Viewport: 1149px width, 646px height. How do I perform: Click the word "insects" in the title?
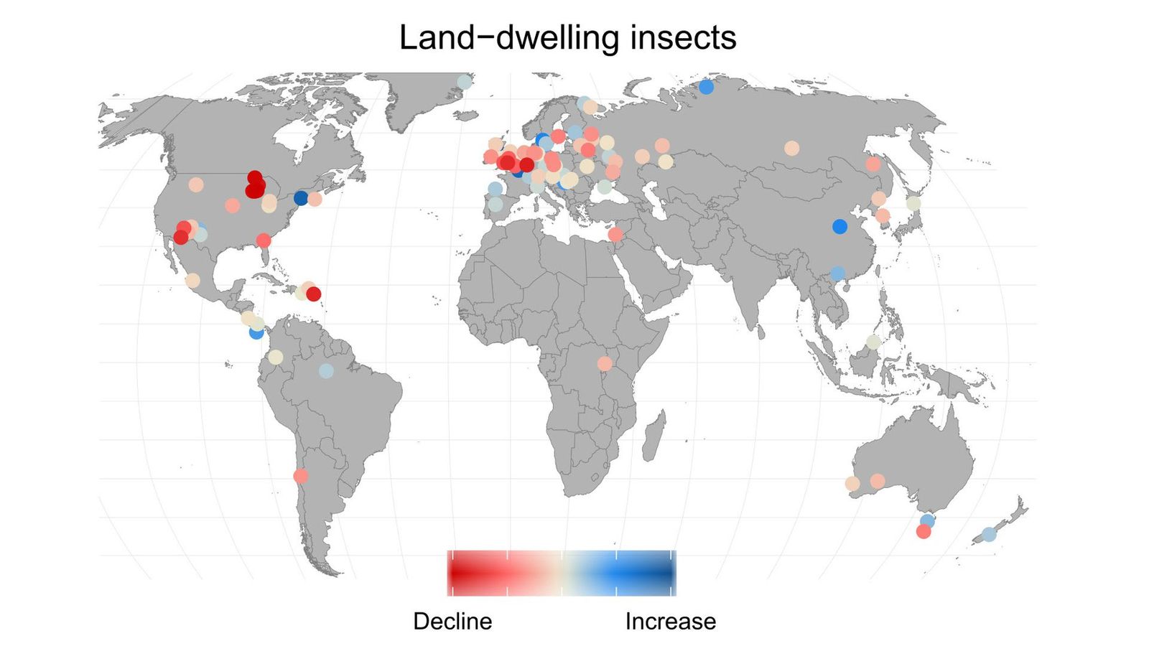(683, 37)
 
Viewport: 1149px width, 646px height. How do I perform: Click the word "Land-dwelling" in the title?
(510, 37)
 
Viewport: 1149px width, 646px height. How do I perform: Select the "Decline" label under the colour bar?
(452, 621)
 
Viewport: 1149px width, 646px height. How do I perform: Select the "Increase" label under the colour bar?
(670, 621)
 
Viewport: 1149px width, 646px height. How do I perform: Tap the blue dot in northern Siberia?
(706, 87)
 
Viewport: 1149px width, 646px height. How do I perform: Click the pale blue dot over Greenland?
(465, 82)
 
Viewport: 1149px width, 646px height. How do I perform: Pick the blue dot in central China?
(839, 226)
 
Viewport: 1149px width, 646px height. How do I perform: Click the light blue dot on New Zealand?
(989, 534)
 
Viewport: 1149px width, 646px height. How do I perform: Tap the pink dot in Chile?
(301, 476)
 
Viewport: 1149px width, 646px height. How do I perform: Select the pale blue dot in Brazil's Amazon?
(326, 371)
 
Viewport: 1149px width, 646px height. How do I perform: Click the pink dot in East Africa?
(605, 364)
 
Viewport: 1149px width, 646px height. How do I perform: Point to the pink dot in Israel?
(615, 235)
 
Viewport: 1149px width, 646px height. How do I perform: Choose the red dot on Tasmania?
(924, 532)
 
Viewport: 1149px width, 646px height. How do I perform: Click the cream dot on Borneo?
(873, 342)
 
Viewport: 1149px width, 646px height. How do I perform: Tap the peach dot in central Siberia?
(791, 148)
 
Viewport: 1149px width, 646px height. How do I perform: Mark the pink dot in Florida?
(264, 240)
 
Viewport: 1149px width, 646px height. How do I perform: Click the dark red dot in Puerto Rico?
(314, 294)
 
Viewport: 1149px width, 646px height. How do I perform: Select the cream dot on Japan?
(913, 203)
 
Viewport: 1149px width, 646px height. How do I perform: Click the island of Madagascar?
(653, 440)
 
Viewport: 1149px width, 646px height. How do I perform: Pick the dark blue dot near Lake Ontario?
(301, 197)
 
